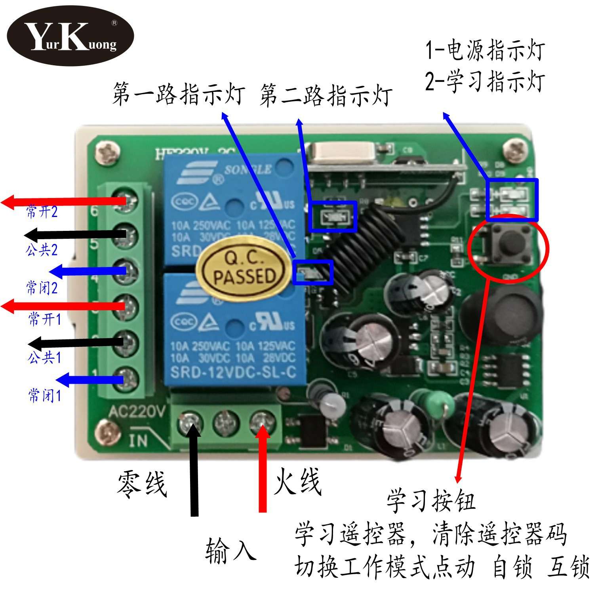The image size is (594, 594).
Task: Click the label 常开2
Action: coord(42,212)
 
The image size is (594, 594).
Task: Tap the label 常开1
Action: coord(45,319)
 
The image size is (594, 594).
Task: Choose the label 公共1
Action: coord(44,358)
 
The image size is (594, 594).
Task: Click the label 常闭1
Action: coord(44,395)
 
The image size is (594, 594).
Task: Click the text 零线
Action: coord(141,484)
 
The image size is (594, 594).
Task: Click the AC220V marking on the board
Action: coord(136,412)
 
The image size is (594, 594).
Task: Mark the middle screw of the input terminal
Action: coord(226,424)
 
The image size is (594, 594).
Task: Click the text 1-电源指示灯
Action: coord(485,51)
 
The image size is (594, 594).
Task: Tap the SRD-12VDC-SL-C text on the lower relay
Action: coord(233,373)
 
